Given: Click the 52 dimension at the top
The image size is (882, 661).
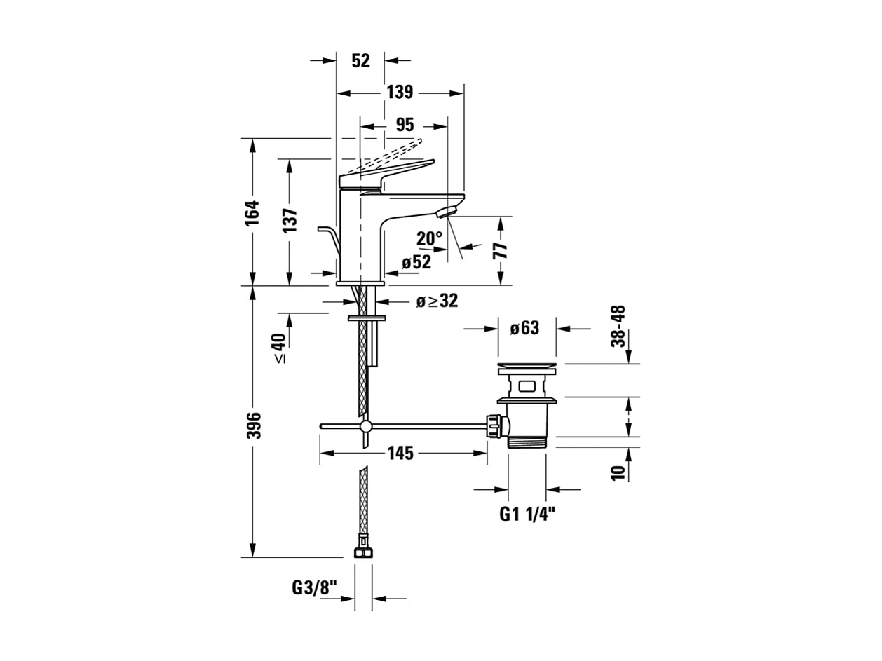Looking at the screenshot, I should (x=360, y=61).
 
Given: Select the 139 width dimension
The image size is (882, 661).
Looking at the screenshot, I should (x=399, y=93).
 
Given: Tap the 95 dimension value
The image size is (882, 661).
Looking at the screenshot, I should (x=405, y=125).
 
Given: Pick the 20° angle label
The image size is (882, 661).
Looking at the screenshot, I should (x=429, y=239).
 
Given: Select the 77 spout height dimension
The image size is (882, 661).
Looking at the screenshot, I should (x=501, y=251).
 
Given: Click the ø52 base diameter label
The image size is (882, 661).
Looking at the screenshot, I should (x=416, y=263).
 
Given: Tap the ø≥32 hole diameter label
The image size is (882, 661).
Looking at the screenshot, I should (x=436, y=301).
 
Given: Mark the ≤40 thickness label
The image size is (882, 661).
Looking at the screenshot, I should (x=279, y=348).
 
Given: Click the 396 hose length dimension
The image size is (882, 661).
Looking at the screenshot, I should (x=254, y=425).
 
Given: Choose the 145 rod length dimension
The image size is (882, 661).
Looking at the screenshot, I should (x=400, y=454).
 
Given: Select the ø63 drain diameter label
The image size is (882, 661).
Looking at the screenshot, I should (x=525, y=328).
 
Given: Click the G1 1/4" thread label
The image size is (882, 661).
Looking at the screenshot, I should (x=527, y=515).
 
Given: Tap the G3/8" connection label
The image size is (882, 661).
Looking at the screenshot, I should (x=315, y=587).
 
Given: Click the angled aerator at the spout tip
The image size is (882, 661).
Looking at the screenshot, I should (x=447, y=210).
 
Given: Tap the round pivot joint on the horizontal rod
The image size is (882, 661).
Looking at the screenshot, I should (x=365, y=426).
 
